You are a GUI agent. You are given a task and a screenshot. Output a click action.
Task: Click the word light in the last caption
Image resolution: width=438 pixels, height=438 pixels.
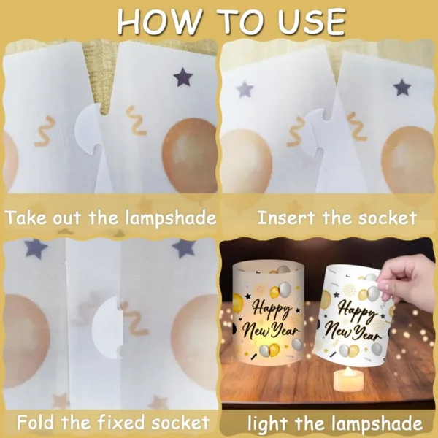click(x=272, y=423)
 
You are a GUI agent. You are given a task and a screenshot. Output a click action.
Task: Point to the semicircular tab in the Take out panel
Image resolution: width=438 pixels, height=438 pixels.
click(x=88, y=128)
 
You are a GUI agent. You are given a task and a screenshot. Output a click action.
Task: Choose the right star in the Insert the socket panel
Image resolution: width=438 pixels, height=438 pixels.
click(x=401, y=88)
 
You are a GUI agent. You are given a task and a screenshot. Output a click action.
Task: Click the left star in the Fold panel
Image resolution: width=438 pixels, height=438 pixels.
click(x=35, y=249)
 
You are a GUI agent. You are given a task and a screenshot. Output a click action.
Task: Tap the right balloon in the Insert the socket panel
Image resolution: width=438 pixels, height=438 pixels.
click(x=408, y=156)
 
